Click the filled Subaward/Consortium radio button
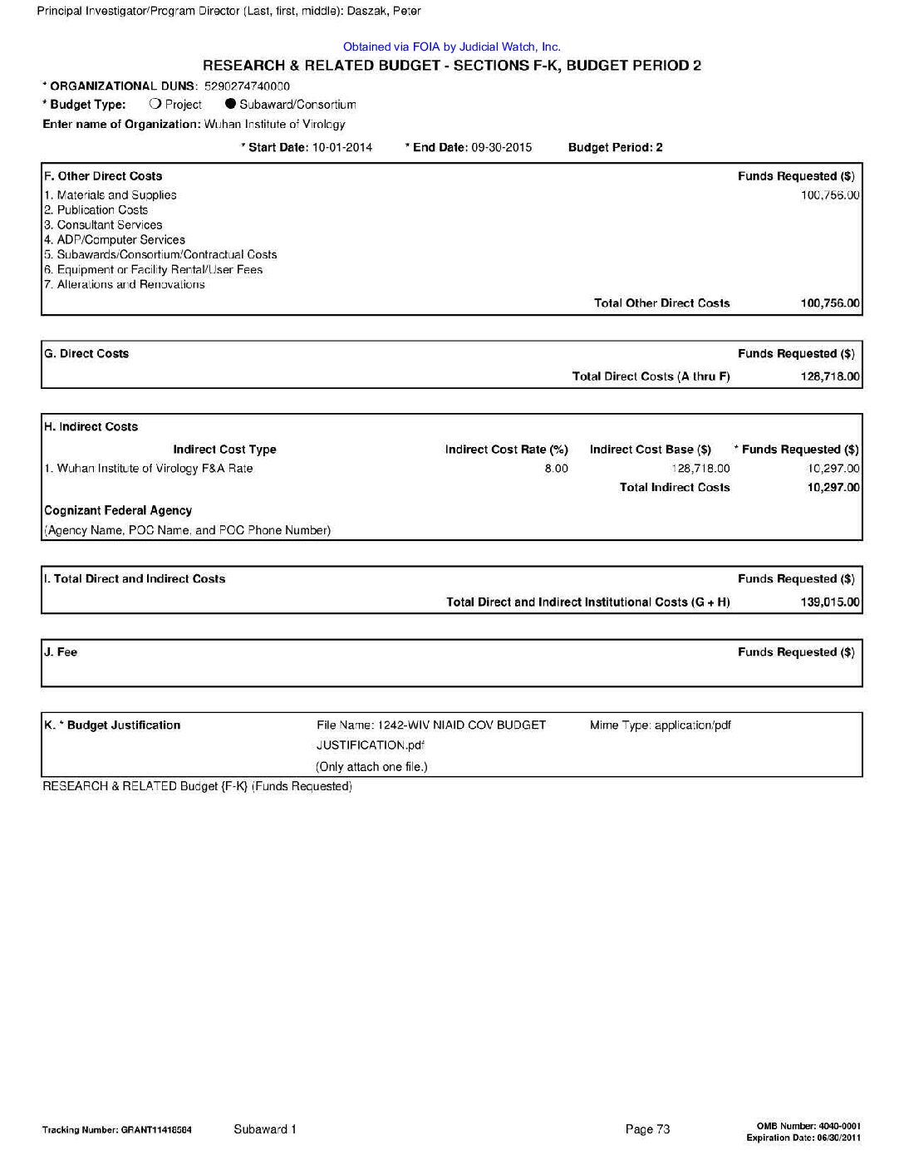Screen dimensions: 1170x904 (231, 105)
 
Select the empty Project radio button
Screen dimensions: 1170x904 (155, 105)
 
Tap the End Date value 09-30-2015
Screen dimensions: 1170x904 (501, 148)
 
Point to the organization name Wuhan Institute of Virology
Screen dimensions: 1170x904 (274, 125)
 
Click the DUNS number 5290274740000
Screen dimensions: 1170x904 (247, 86)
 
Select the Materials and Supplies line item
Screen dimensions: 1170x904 (111, 195)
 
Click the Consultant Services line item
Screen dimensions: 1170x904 (104, 225)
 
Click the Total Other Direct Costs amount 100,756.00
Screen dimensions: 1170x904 (830, 303)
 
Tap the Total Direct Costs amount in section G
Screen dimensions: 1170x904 (830, 376)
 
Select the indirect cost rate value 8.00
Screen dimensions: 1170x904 (556, 469)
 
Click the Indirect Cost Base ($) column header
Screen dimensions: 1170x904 (651, 450)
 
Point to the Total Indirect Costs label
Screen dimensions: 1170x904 (675, 488)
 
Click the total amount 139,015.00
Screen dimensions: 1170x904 (830, 602)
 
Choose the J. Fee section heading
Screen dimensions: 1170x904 (61, 652)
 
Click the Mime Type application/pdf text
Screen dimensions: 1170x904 (661, 725)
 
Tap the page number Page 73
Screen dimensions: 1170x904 (647, 1129)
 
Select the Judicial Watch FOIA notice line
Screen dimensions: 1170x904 (451, 47)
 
